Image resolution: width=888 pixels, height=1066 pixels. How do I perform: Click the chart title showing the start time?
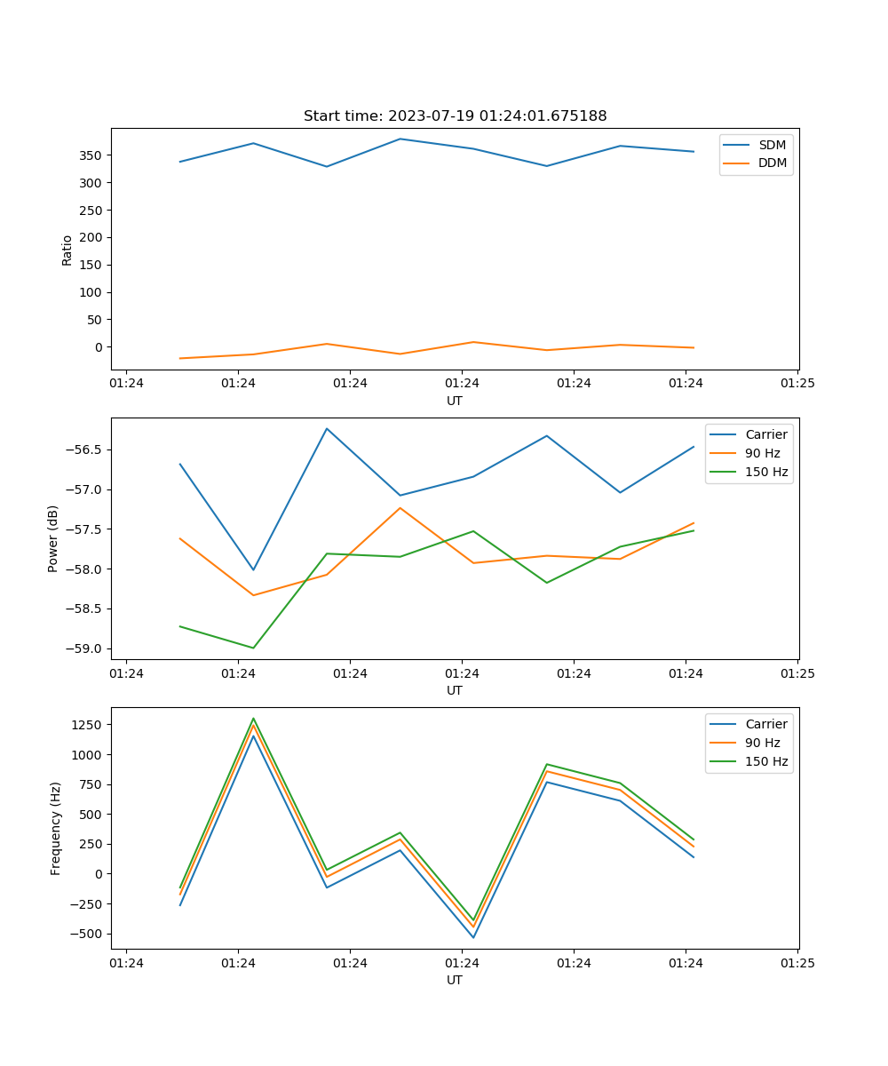455,116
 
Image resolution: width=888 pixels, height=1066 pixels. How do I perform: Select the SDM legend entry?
772,145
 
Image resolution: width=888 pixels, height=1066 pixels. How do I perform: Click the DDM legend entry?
772,163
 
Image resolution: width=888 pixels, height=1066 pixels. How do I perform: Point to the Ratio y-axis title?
67,250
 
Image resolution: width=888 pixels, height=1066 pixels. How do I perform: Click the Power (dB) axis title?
54,538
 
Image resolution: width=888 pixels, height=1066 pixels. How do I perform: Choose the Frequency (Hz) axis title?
56,828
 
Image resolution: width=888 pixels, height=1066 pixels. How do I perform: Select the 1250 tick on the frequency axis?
89,725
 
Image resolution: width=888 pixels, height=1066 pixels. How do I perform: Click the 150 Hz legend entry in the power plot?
766,472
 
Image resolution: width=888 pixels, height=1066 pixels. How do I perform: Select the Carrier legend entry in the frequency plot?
766,724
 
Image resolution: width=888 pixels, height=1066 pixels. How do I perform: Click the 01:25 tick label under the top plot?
797,384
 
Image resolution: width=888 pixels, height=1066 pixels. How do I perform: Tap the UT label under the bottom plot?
455,980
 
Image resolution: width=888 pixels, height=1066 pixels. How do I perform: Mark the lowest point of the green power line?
253,648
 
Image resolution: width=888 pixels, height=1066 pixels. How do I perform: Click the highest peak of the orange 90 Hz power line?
400,508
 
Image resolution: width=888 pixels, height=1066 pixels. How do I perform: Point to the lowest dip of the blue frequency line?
473,937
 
